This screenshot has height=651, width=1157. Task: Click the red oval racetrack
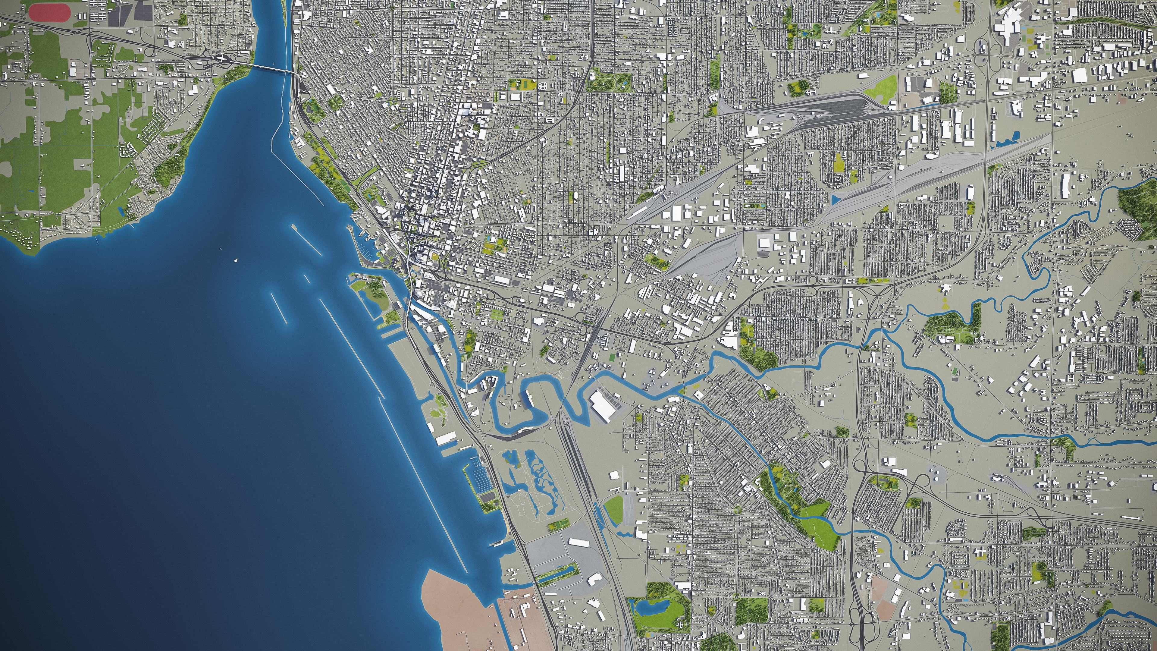(49, 13)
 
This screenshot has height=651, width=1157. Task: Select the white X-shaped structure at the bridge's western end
(222, 58)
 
